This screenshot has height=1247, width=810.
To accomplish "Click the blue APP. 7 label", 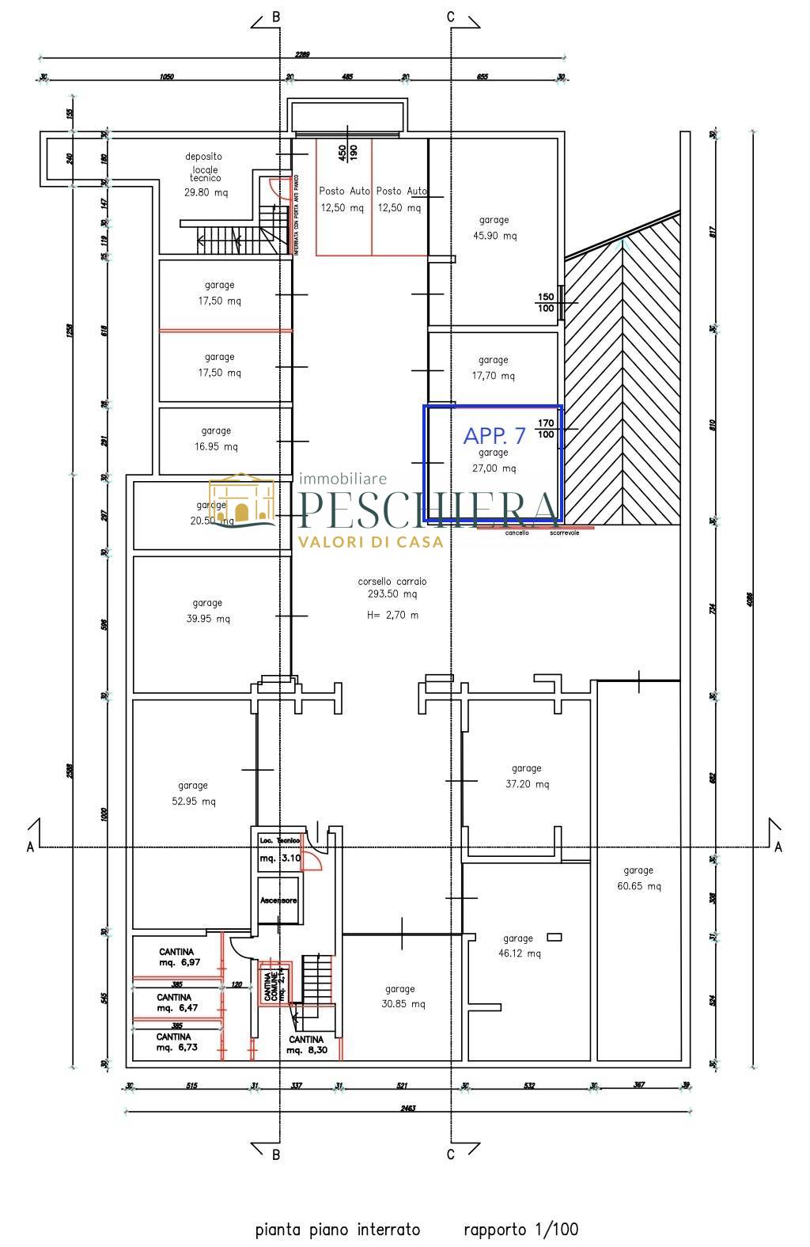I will (x=494, y=435).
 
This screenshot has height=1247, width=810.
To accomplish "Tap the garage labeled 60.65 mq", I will (x=638, y=878).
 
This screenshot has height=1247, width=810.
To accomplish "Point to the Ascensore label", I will (x=278, y=900).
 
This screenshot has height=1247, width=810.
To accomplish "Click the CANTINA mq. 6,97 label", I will (x=177, y=957).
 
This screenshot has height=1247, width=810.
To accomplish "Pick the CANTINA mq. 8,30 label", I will (x=305, y=1044).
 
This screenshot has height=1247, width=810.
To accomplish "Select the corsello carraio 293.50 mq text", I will (x=392, y=588).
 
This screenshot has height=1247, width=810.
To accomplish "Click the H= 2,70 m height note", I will (x=392, y=615).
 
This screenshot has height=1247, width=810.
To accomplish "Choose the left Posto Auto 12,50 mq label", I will (x=343, y=199).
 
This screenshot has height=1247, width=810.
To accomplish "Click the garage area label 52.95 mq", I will (x=193, y=793).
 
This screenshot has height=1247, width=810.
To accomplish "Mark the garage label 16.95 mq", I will (x=216, y=438).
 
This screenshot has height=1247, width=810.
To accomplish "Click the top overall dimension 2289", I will (x=303, y=55).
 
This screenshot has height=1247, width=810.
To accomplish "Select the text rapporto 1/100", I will (x=520, y=1230).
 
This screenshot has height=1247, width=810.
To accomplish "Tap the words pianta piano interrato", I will (x=338, y=1230).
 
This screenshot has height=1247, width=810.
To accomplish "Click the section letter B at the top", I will (x=275, y=17).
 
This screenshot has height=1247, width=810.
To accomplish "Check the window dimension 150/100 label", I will (x=546, y=302).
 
